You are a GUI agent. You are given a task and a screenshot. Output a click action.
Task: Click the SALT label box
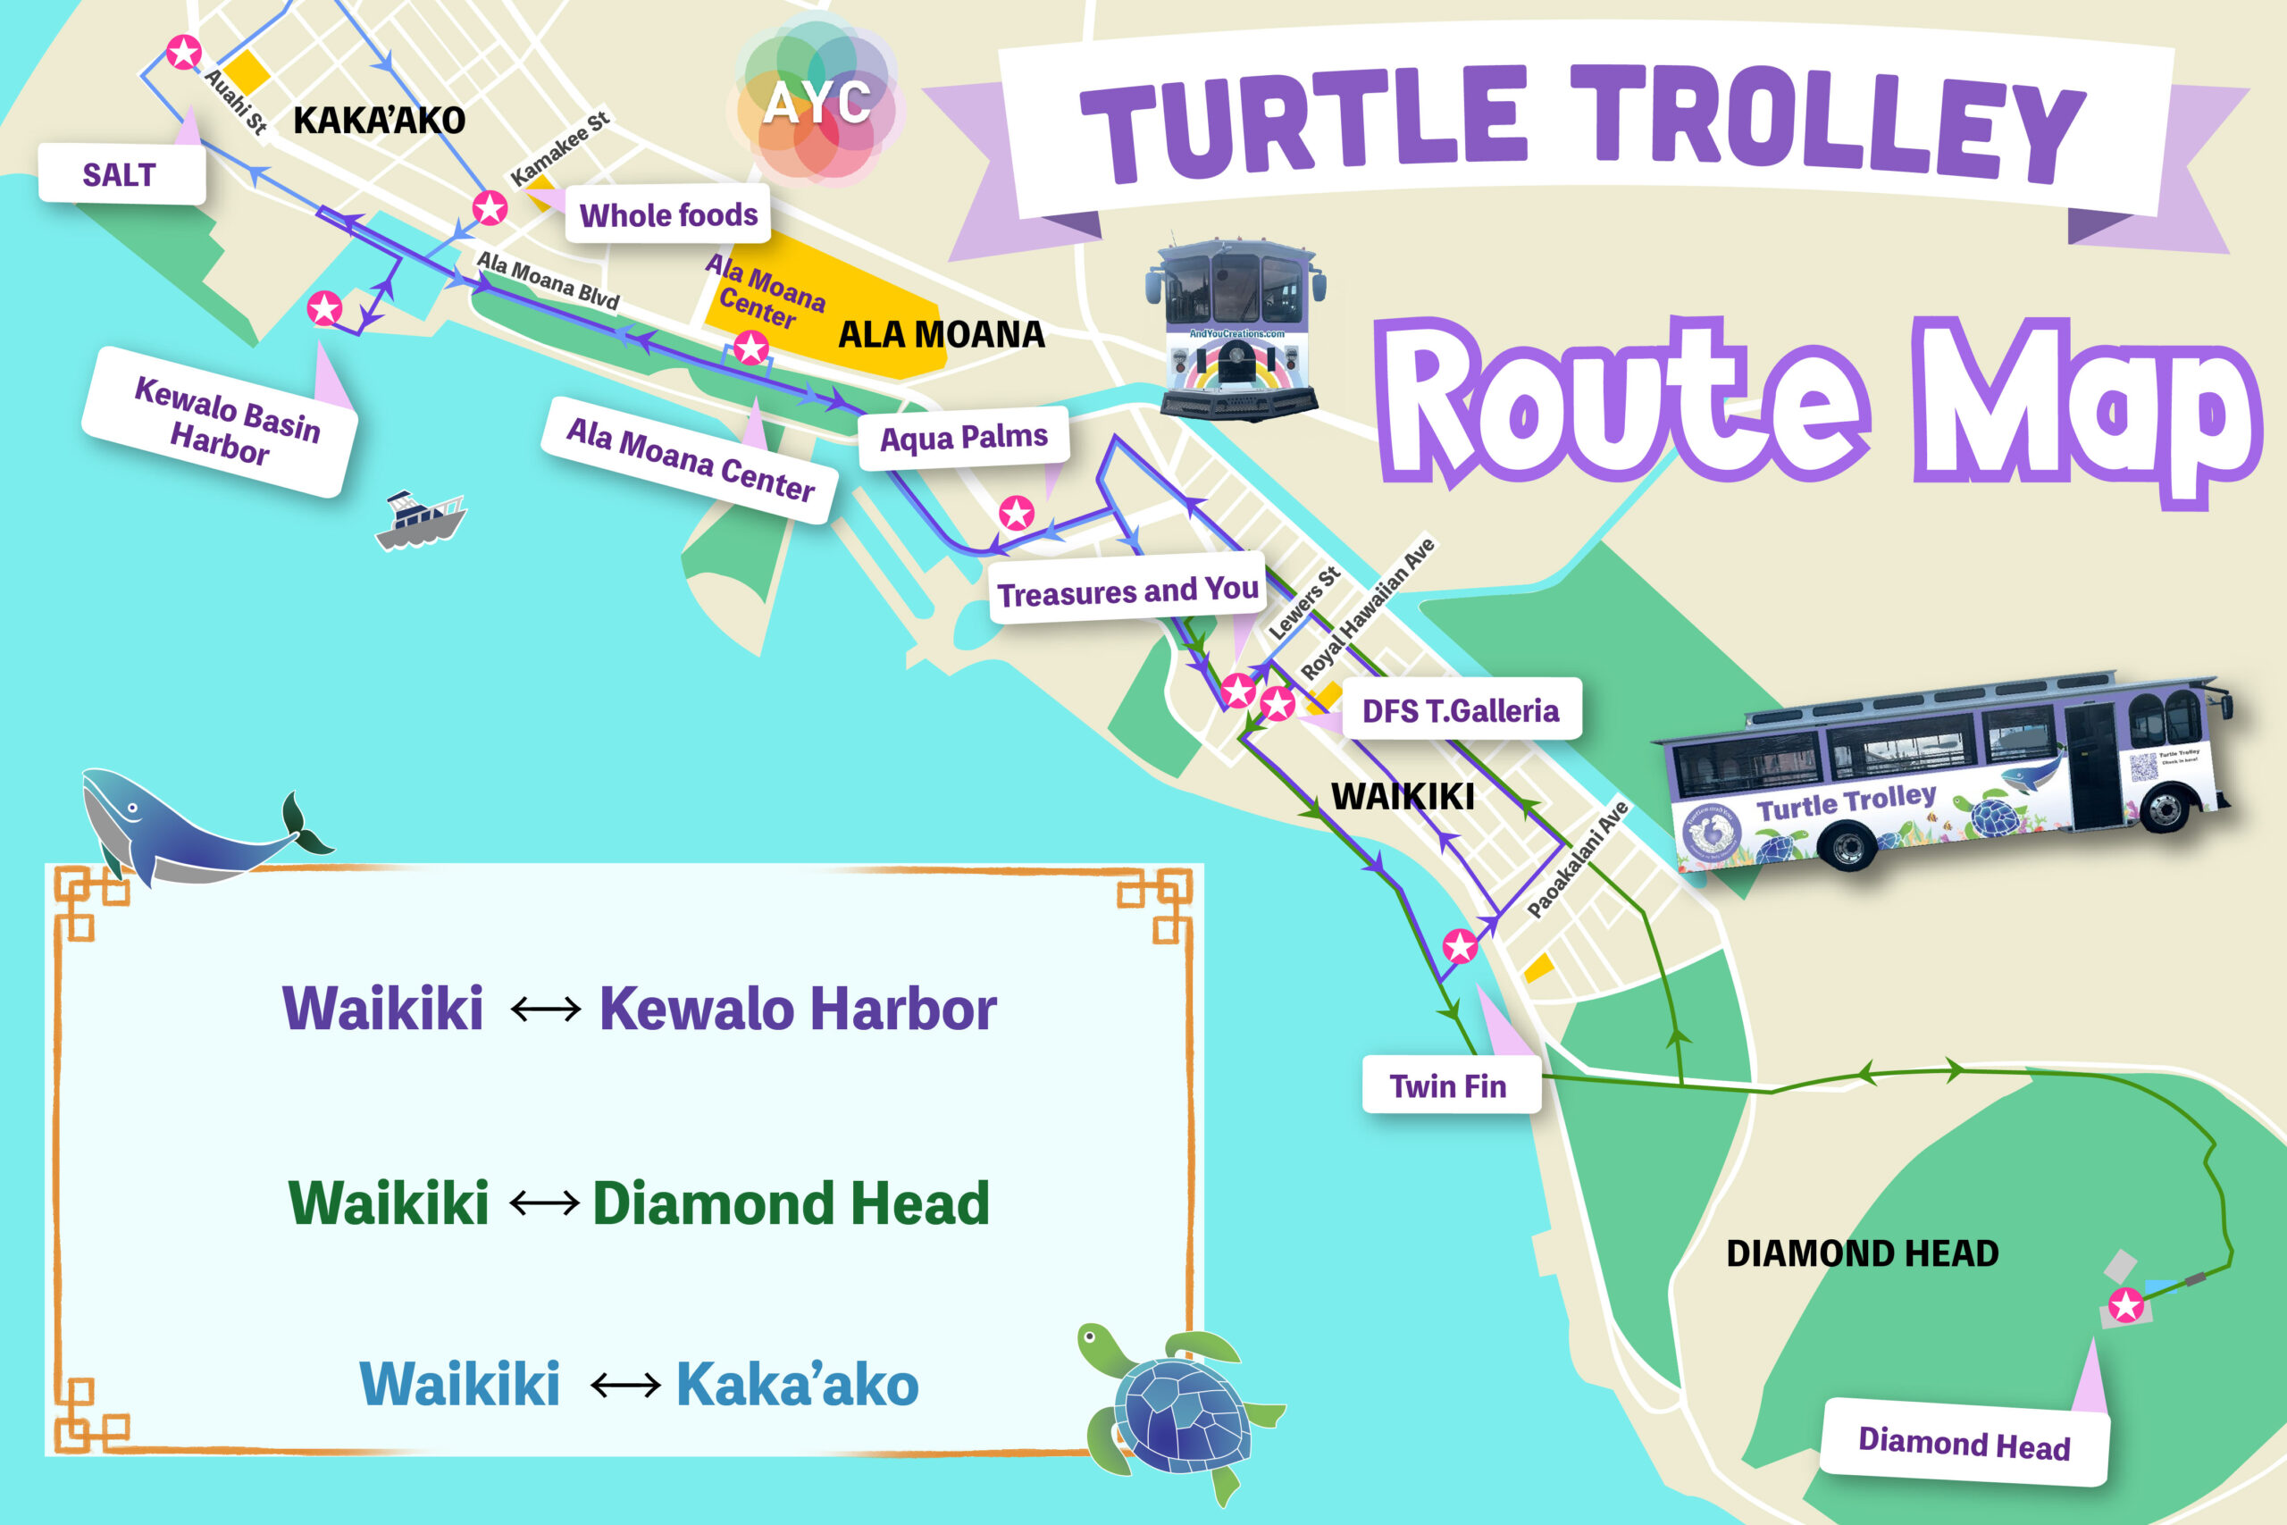pyautogui.click(x=121, y=175)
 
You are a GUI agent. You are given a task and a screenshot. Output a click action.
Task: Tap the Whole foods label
pyautogui.click(x=668, y=214)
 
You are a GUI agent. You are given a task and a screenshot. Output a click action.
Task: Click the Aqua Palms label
pyautogui.click(x=964, y=438)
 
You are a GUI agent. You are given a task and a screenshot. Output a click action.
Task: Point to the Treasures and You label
pyautogui.click(x=1128, y=591)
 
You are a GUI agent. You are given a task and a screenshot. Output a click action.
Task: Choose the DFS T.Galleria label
pyautogui.click(x=1460, y=711)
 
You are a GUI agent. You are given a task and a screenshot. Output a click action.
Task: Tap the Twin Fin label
pyautogui.click(x=1448, y=1085)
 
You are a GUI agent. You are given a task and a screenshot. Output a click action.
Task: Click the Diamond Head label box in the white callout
pyautogui.click(x=1964, y=1444)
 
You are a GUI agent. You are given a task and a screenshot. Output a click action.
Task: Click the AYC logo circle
pyautogui.click(x=817, y=101)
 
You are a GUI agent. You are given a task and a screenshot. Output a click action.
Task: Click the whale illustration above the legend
pyautogui.click(x=195, y=826)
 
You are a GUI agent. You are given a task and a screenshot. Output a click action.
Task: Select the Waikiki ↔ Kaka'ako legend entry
pyautogui.click(x=638, y=1384)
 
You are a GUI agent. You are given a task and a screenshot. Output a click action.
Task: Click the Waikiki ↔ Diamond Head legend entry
pyautogui.click(x=638, y=1203)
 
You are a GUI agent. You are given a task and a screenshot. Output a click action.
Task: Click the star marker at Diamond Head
pyautogui.click(x=2126, y=1305)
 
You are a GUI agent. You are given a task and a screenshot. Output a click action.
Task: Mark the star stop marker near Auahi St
pyautogui.click(x=184, y=52)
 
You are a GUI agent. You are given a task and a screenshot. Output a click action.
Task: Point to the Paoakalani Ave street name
pyautogui.click(x=1576, y=859)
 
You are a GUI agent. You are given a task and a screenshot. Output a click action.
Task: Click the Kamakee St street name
pyautogui.click(x=560, y=147)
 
